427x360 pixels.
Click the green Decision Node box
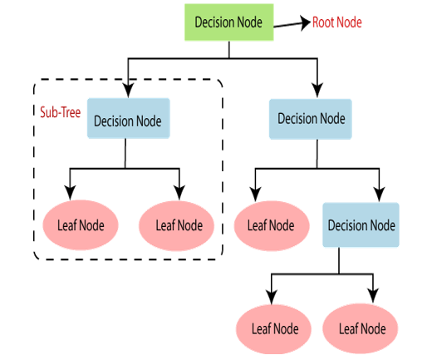tap(229, 22)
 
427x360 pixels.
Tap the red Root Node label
tap(337, 22)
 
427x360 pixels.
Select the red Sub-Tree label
tap(61, 112)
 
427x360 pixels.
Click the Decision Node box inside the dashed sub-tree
tap(129, 118)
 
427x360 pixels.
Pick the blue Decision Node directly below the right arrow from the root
tap(311, 119)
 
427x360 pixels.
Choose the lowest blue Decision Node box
tap(361, 224)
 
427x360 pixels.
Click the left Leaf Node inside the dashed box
tap(81, 225)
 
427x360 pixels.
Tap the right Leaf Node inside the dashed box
tap(176, 225)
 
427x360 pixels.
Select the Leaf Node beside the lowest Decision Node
tap(272, 225)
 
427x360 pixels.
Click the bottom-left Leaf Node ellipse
tap(273, 329)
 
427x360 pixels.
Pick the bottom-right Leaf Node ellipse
tap(361, 328)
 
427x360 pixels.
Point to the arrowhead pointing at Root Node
tap(306, 22)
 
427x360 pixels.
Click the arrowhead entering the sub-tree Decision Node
tap(128, 91)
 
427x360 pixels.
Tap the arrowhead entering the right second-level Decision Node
tap(317, 91)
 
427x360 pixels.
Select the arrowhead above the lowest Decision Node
tap(379, 195)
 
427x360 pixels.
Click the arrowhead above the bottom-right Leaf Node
tap(373, 296)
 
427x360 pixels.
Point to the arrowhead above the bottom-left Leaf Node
tap(272, 297)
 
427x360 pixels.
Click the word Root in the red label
tap(323, 22)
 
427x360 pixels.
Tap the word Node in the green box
tap(249, 22)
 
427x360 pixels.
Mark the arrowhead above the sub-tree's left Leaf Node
tap(70, 193)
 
